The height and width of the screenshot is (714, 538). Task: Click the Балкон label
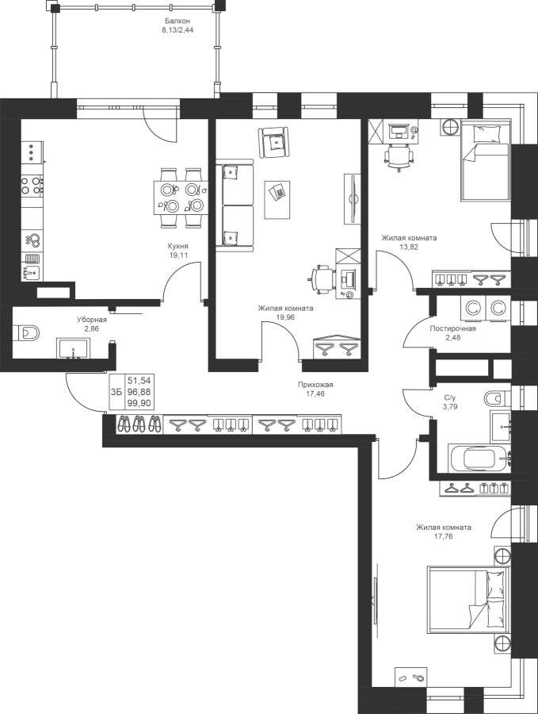tap(177, 21)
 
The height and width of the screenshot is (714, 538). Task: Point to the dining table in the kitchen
tap(179, 198)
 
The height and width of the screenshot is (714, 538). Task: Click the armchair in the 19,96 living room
tap(274, 143)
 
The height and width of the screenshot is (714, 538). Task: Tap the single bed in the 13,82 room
tap(486, 159)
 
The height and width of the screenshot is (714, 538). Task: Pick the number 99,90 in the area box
tap(139, 403)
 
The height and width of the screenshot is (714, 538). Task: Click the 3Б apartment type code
tap(116, 392)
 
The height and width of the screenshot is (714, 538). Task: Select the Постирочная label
tap(453, 328)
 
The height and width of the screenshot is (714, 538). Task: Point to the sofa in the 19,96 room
tap(235, 205)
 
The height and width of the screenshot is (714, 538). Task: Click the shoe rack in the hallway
tap(139, 424)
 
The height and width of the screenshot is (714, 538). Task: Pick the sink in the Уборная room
tap(73, 348)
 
